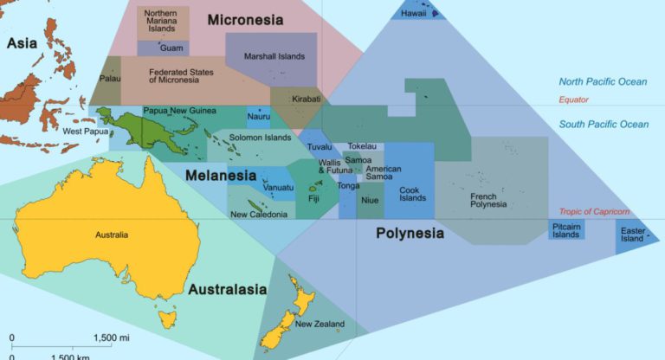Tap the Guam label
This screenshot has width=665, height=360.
pyautogui.click(x=171, y=48)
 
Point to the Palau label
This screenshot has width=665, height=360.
pyautogui.click(x=110, y=78)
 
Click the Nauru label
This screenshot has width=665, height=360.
pyautogui.click(x=258, y=116)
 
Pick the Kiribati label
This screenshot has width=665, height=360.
pyautogui.click(x=306, y=100)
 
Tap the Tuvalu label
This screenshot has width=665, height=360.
pyautogui.click(x=319, y=147)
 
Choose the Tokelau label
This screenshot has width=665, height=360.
pyautogui.click(x=362, y=146)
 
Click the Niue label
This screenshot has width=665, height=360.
pyautogui.click(x=370, y=201)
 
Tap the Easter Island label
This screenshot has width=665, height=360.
pyautogui.click(x=633, y=235)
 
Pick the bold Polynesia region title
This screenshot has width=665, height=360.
pyautogui.click(x=410, y=233)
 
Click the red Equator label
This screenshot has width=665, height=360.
pyautogui.click(x=574, y=100)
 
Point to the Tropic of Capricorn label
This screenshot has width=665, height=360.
pyautogui.click(x=593, y=212)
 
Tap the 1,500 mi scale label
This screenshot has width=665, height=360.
pyautogui.click(x=113, y=337)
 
